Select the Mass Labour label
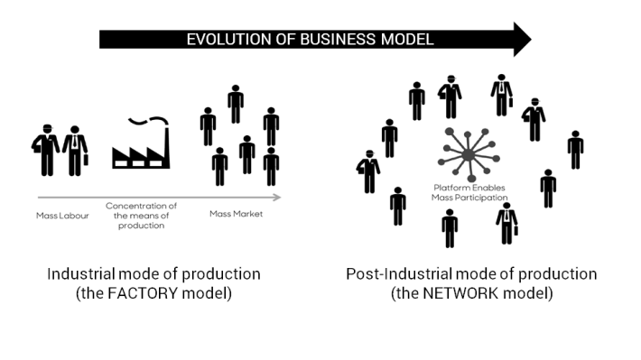pyautogui.click(x=61, y=216)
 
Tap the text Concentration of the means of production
pyautogui.click(x=141, y=216)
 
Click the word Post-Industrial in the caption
pyautogui.click(x=390, y=274)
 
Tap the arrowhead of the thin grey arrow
pyautogui.click(x=276, y=197)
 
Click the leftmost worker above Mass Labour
pyautogui.click(x=45, y=152)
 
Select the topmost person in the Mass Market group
pyautogui.click(x=236, y=104)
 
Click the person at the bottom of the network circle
pyautogui.click(x=450, y=227)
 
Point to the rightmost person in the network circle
pyautogui.click(x=575, y=149)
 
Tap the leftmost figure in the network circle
pyautogui.click(x=367, y=171)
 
